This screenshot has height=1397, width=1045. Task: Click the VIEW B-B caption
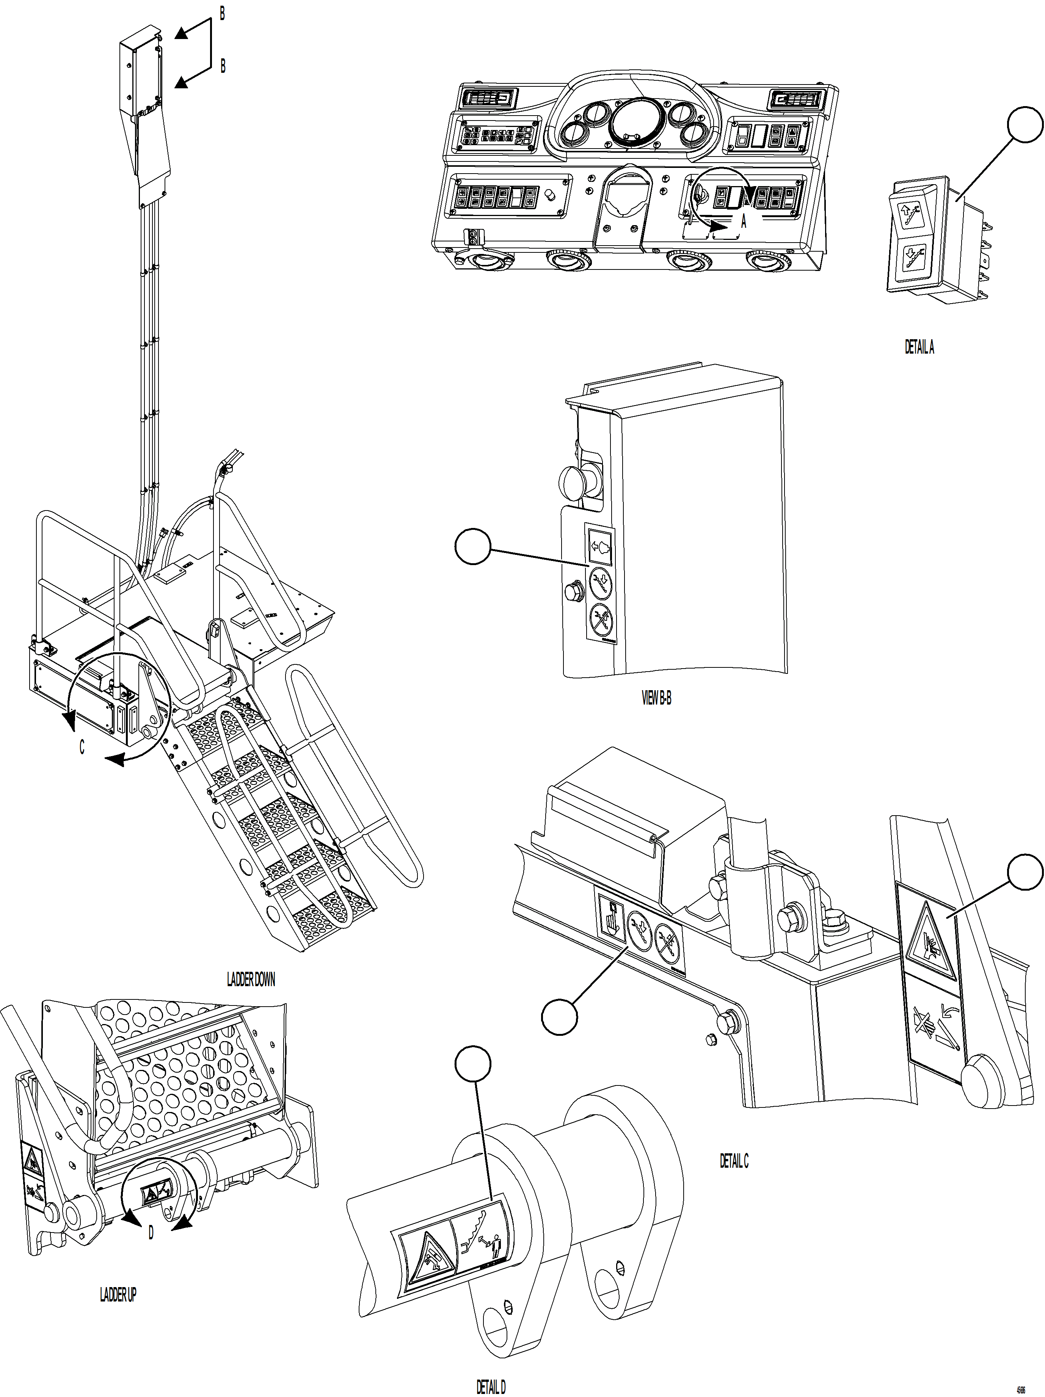[656, 698]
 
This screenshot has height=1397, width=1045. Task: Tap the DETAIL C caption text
[734, 1161]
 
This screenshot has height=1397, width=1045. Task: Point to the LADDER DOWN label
[251, 980]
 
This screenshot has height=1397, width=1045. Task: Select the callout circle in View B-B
[472, 547]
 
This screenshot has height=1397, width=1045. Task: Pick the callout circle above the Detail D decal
[472, 1063]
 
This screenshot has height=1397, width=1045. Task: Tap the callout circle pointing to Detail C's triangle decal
[1024, 872]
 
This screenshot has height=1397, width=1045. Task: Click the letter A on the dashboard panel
[743, 221]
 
